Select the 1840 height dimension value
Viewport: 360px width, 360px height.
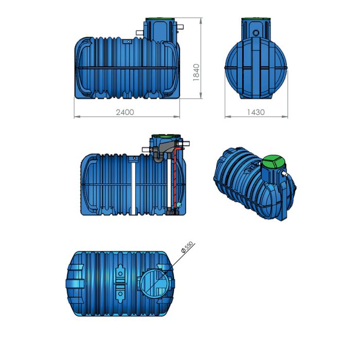195,72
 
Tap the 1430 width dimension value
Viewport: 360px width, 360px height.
256,112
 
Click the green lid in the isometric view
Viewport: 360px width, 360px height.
272,164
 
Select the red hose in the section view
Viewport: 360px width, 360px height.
175,175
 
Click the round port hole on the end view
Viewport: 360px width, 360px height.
256,33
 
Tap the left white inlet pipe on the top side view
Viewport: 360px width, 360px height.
139,33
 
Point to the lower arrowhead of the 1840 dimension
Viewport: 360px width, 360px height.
201,98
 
